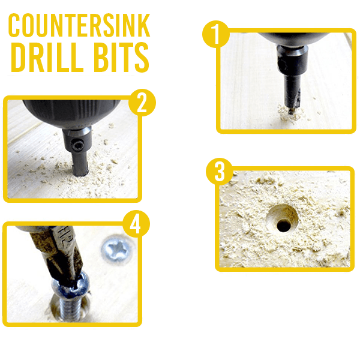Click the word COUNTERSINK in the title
(x=79, y=25)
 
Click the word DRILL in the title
(x=47, y=57)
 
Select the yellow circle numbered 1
(x=216, y=34)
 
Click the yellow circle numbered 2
(x=142, y=103)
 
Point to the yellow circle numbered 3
(x=220, y=172)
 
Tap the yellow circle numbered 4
(x=136, y=224)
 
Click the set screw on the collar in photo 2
(x=77, y=145)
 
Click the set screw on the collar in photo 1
(x=282, y=65)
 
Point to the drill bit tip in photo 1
(x=291, y=113)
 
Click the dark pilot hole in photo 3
(x=284, y=225)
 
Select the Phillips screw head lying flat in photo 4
(x=118, y=249)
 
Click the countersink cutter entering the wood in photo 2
(x=79, y=170)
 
